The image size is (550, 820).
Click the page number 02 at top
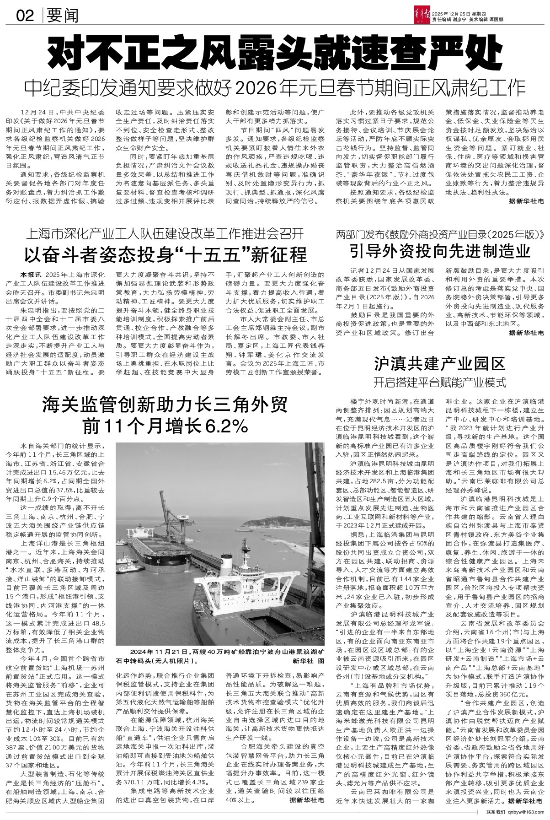[x=25, y=17]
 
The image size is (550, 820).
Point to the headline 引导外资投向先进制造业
[x=439, y=251]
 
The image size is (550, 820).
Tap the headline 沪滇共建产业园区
[x=439, y=363]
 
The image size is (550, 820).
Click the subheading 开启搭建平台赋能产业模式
[x=439, y=380]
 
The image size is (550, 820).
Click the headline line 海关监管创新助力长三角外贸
[x=166, y=404]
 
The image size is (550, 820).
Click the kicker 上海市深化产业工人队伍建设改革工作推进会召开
[x=166, y=234]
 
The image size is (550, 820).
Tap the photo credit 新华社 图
[x=309, y=661]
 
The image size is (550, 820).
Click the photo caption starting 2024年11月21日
[x=219, y=652]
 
